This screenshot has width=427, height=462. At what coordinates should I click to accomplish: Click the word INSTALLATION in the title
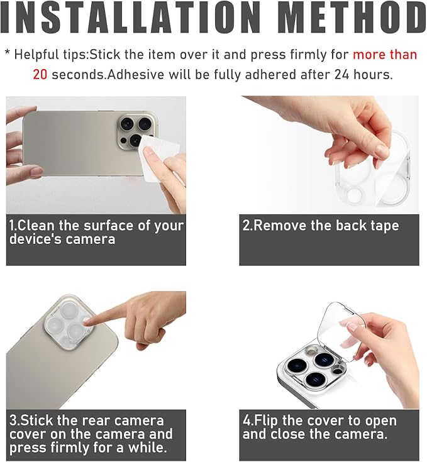point(130,17)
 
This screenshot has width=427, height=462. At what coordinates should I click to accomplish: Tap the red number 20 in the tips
point(40,75)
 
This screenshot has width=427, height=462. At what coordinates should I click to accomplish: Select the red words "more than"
point(385,55)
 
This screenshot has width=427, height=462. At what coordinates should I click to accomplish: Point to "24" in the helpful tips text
point(341,75)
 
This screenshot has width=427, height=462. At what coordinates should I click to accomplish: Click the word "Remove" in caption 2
point(280,226)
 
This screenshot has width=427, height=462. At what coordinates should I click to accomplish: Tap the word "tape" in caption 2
point(385,226)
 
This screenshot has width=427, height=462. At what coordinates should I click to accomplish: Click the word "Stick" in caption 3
point(37,420)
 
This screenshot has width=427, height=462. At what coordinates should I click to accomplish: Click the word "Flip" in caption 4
point(265,421)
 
